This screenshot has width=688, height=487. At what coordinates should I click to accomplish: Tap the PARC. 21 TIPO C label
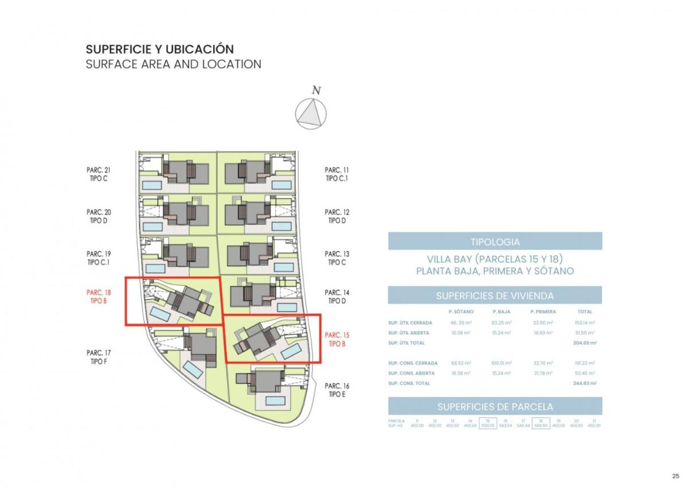(x=98, y=174)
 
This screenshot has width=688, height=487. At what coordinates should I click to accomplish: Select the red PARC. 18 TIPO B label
(x=98, y=297)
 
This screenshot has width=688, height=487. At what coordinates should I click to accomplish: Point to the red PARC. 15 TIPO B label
(x=337, y=339)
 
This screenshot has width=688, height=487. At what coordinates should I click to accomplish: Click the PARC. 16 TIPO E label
(x=337, y=390)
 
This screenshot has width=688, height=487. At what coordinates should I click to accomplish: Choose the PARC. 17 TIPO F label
(x=98, y=357)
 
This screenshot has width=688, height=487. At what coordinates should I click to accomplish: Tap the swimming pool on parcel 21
(x=152, y=186)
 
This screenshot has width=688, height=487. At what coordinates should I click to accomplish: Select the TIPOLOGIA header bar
(x=495, y=241)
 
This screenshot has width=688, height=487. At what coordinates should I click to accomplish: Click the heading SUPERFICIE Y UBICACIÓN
(x=159, y=49)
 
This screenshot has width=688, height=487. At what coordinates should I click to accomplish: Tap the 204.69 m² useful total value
(x=585, y=342)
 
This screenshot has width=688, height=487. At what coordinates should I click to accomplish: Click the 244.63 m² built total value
(x=585, y=383)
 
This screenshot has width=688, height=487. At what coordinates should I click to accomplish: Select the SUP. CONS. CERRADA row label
(x=413, y=363)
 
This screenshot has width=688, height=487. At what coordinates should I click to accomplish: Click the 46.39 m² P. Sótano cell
(x=461, y=323)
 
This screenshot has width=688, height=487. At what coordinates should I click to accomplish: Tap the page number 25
(x=675, y=476)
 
